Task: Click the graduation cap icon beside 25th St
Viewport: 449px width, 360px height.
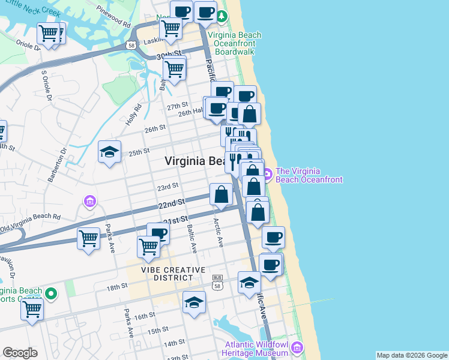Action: click(110, 152)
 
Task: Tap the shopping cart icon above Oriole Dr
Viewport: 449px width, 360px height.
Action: click(49, 34)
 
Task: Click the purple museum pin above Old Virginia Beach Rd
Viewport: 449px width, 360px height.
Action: click(89, 200)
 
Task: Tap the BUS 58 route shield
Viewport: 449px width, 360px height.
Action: click(218, 280)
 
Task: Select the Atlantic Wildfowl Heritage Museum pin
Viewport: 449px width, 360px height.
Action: click(297, 347)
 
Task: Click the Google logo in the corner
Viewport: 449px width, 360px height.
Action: click(20, 353)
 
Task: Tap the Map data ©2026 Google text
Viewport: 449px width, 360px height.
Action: click(412, 355)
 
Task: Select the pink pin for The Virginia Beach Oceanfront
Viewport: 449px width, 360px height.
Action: click(267, 175)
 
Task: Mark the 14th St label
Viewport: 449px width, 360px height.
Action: click(174, 343)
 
